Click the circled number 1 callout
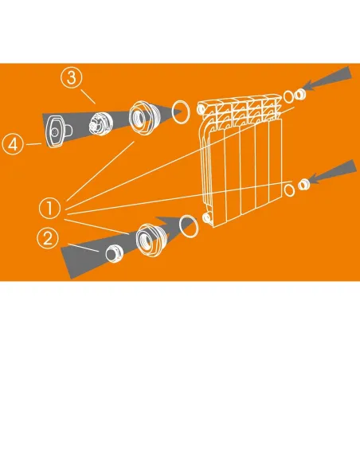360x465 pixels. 50,208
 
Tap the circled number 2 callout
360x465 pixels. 48,238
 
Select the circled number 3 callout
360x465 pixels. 72,78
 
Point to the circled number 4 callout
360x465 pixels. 13,144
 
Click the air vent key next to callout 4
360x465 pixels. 57,131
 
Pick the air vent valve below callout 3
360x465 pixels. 100,123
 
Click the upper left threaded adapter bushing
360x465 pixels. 143,117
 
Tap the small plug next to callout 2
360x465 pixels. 114,253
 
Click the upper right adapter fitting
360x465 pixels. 299,95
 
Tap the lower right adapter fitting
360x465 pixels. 304,185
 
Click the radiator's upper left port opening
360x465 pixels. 201,109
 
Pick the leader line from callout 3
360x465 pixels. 88,96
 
